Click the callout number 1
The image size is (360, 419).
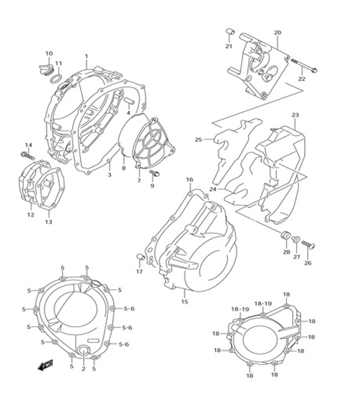pyautogui.click(x=87, y=56)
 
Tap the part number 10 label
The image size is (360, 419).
pyautogui.click(x=49, y=54)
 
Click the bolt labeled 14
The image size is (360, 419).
pyautogui.click(x=26, y=155)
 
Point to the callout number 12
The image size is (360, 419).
pyautogui.click(x=31, y=215)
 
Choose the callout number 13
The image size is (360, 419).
pyautogui.click(x=49, y=221)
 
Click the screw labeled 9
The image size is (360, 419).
pyautogui.click(x=157, y=173)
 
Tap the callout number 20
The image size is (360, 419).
pyautogui.click(x=277, y=33)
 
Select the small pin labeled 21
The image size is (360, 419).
pyautogui.click(x=230, y=32)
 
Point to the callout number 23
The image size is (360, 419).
pyautogui.click(x=295, y=116)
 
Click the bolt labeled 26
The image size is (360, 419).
pyautogui.click(x=308, y=245)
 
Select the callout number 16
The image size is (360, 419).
pyautogui.click(x=190, y=180)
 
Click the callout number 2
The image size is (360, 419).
pyautogui.click(x=83, y=369)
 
